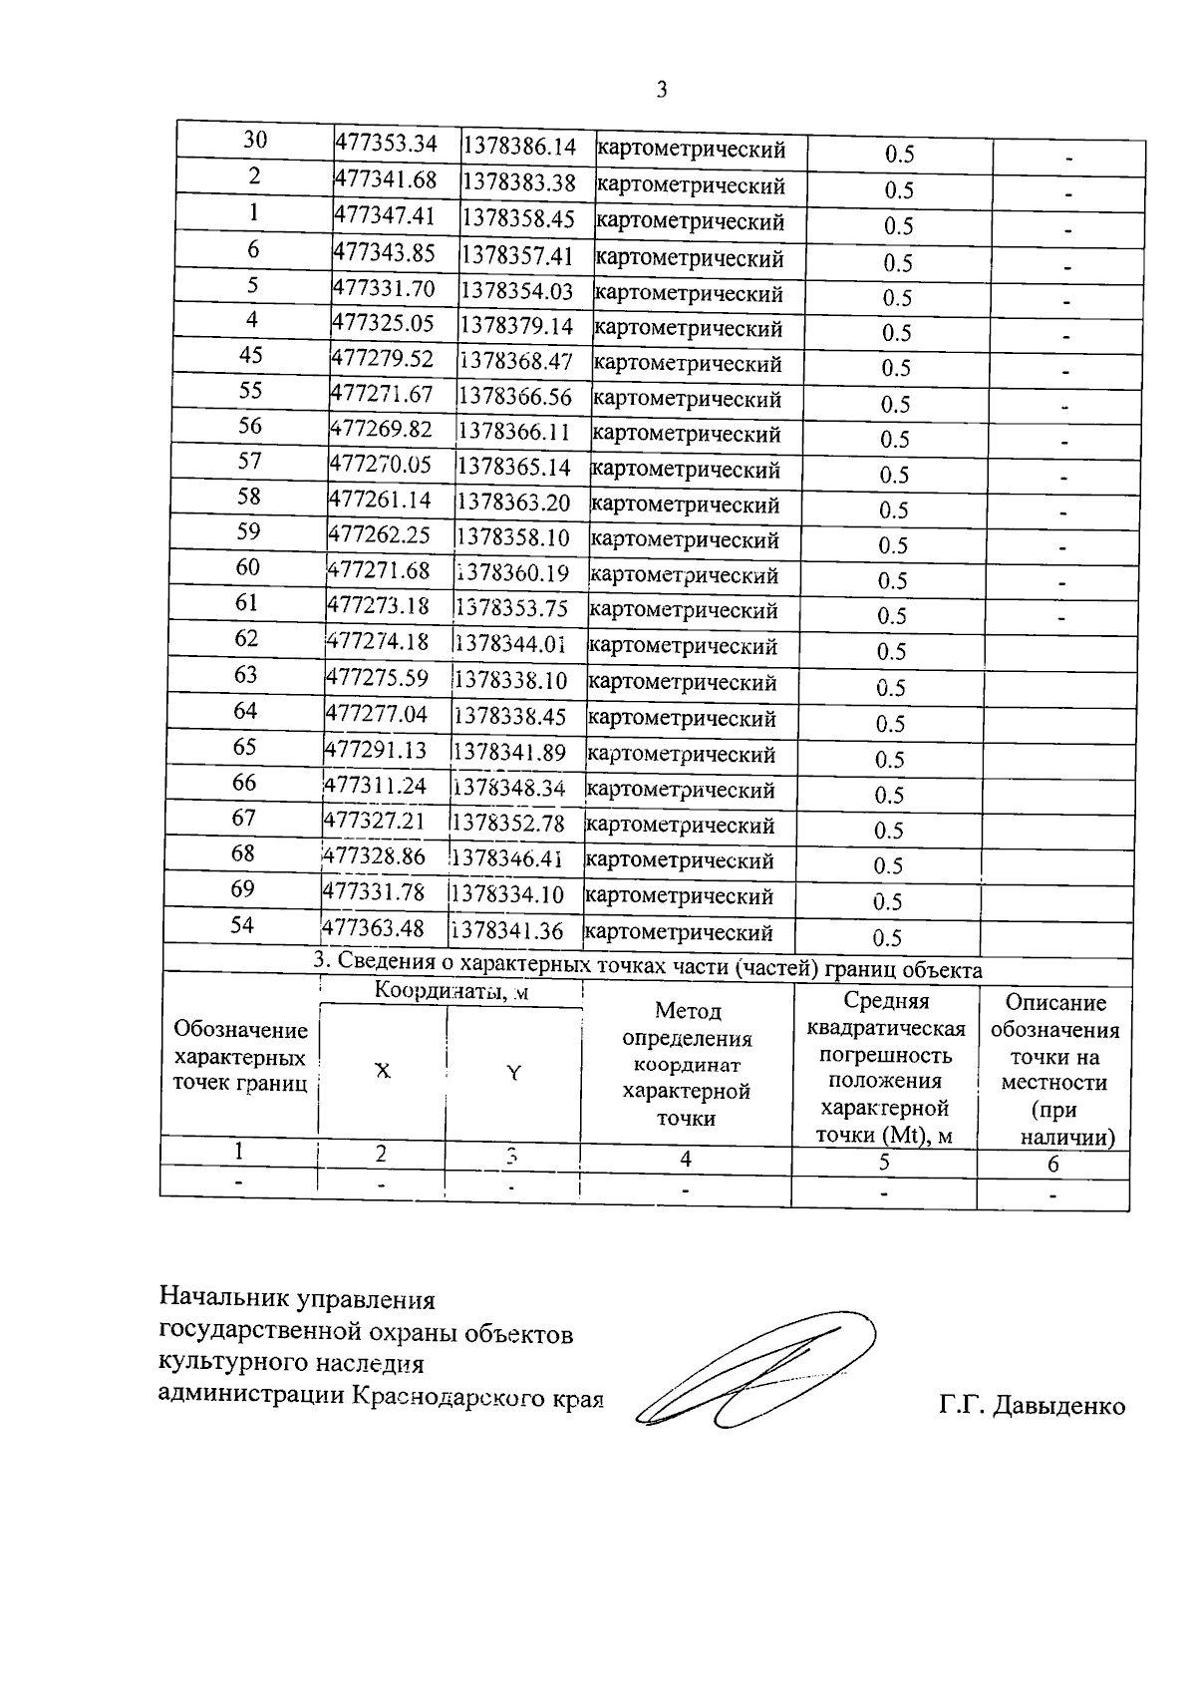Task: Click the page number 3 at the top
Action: pos(661,91)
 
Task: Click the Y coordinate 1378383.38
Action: pos(519,182)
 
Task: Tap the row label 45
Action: pos(251,355)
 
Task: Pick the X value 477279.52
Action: pos(383,359)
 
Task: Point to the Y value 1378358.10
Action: pos(513,537)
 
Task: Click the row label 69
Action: pos(243,888)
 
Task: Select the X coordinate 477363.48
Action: pos(375,928)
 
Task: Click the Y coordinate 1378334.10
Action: pos(507,894)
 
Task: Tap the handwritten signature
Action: pos(757,1371)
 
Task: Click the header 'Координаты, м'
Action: pos(451,991)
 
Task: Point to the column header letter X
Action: pos(382,1071)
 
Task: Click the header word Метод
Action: pos(688,1011)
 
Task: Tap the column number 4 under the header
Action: pos(686,1159)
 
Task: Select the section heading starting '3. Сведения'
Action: pos(648,967)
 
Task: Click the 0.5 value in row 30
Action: pos(899,155)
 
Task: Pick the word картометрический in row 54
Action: pos(679,933)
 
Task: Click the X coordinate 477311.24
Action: pos(376,786)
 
